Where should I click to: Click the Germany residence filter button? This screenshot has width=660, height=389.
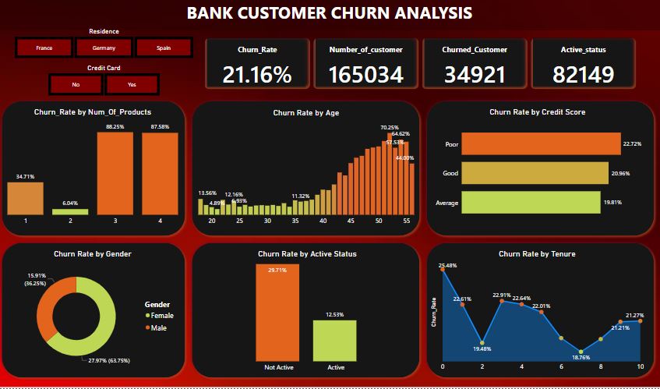click(104, 48)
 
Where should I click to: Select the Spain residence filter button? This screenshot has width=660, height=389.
click(164, 48)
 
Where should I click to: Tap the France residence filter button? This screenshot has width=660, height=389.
click(44, 48)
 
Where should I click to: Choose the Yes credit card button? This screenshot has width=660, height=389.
click(132, 83)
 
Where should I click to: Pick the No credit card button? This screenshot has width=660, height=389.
click(76, 83)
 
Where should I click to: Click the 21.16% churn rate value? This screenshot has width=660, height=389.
click(257, 74)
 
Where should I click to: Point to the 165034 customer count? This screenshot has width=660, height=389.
click(365, 74)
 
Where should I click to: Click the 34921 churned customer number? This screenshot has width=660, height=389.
click(475, 74)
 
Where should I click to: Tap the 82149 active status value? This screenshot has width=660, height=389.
click(584, 74)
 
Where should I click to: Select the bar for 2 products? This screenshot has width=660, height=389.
click(70, 211)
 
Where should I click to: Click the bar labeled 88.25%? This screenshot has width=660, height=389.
click(115, 173)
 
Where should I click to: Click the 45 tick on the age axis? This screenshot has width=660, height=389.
click(351, 221)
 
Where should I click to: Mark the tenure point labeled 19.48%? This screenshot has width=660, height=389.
click(482, 343)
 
